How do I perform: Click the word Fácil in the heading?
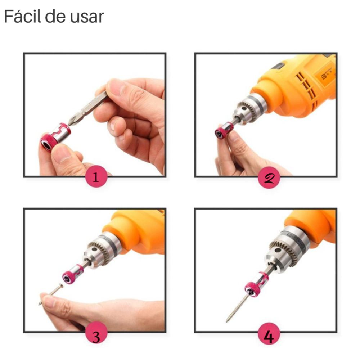(22, 16)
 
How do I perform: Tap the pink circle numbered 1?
(96, 176)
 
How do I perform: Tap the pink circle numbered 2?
(269, 177)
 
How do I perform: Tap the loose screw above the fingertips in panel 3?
(51, 294)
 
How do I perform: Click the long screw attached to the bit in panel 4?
(238, 308)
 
